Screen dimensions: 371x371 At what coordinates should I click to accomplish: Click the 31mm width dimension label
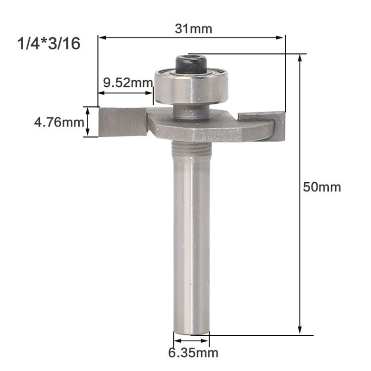point(193,29)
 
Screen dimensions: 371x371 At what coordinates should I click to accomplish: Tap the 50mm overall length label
point(321,187)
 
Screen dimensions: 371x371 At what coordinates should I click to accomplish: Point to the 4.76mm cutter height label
point(58,123)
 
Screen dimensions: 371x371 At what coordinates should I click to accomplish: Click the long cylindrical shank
point(191,241)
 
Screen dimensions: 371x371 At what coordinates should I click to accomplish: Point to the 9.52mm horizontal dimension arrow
point(125,93)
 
